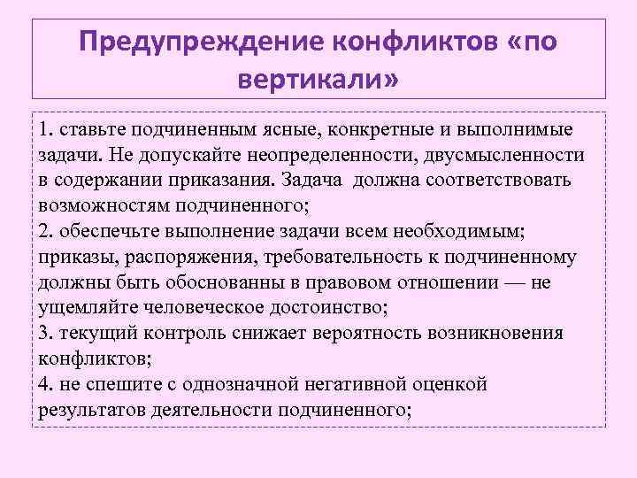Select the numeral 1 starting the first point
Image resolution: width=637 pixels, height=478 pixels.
click(x=43, y=130)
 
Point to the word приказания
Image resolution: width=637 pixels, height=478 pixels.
click(x=227, y=181)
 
